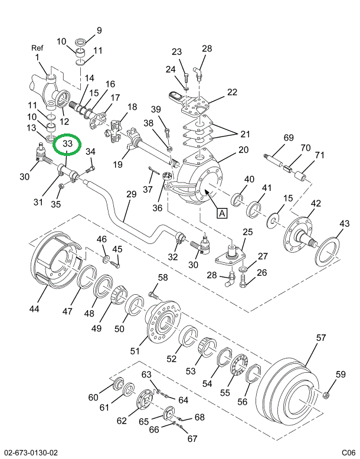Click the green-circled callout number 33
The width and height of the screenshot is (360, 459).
[x=67, y=144]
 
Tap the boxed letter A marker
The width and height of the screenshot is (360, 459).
[x=222, y=213]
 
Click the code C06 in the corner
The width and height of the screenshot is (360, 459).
[x=349, y=453]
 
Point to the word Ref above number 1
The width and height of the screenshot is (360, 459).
[x=37, y=48]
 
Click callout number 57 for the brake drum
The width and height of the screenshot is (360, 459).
[x=321, y=337]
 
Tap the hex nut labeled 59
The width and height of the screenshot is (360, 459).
[x=325, y=396]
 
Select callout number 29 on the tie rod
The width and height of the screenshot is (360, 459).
[x=131, y=194]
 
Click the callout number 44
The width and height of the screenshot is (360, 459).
[x=34, y=308]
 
